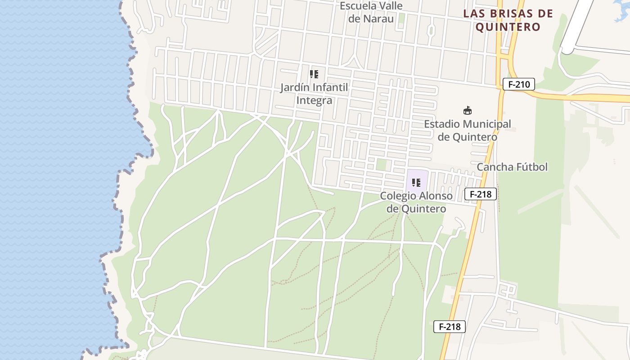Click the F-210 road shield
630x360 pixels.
(x=518, y=84)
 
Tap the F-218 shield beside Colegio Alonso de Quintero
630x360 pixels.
(x=481, y=194)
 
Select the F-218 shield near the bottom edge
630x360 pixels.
(x=449, y=327)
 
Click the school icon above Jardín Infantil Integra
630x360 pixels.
(x=314, y=74)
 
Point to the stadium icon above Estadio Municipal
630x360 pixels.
(x=468, y=110)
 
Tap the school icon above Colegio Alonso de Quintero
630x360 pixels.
(x=416, y=183)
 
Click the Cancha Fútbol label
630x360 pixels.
(x=512, y=167)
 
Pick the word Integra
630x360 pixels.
(x=314, y=100)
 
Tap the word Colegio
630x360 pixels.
(x=398, y=196)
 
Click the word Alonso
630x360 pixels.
(x=436, y=196)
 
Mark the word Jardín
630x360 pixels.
(x=295, y=87)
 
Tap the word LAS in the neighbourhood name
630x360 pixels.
(x=474, y=13)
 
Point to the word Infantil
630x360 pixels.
(x=330, y=87)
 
